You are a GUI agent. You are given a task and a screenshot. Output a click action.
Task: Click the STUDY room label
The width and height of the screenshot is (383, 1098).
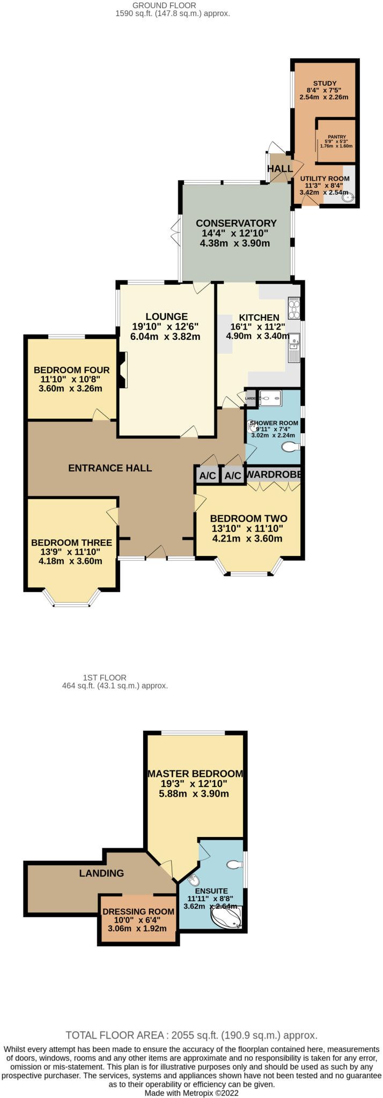[325, 83]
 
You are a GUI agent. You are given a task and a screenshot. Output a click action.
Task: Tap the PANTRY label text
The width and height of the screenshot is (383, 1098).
[337, 137]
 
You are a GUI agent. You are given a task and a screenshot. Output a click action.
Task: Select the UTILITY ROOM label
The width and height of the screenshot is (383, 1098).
[325, 179]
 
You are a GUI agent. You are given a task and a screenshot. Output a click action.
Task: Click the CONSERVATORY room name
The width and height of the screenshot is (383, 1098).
[236, 223]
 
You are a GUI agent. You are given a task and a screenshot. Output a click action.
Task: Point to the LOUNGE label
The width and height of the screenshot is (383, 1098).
[166, 317]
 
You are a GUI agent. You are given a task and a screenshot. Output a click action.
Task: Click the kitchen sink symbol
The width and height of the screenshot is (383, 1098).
[294, 343]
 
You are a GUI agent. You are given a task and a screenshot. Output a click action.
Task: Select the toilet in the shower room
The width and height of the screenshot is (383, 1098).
[291, 447]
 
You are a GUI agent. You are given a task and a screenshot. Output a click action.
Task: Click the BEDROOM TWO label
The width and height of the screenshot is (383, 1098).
[248, 518]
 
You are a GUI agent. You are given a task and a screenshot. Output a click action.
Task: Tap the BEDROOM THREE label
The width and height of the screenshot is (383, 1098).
[71, 543]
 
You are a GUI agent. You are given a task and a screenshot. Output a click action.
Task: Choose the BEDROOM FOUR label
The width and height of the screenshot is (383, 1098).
[71, 370]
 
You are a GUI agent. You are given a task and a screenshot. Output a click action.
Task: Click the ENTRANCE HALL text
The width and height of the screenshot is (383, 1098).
[110, 468]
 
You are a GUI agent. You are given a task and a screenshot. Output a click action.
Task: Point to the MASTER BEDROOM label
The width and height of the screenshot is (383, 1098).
[195, 774]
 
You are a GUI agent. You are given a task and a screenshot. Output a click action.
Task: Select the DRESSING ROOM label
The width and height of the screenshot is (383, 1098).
[138, 911]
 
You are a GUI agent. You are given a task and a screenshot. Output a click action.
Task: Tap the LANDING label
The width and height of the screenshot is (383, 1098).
[101, 873]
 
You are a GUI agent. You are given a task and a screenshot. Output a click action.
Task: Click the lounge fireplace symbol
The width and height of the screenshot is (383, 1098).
[123, 369]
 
